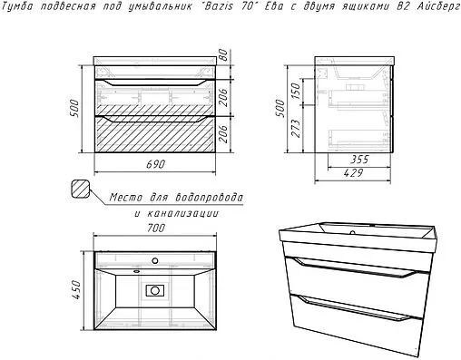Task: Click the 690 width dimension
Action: (156, 164)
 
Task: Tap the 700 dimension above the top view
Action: (156, 228)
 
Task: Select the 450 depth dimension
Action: (76, 290)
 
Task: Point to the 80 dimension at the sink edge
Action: (223, 54)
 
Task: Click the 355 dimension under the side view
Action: (359, 160)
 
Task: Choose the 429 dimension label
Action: (353, 173)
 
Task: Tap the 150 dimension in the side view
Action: (296, 91)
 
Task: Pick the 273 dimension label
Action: (296, 129)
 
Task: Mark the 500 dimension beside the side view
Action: (280, 108)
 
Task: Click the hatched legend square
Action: (80, 190)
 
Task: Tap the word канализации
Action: (182, 213)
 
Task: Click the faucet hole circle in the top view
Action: (155, 260)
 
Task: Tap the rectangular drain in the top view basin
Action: (155, 290)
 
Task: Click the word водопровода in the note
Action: (210, 198)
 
